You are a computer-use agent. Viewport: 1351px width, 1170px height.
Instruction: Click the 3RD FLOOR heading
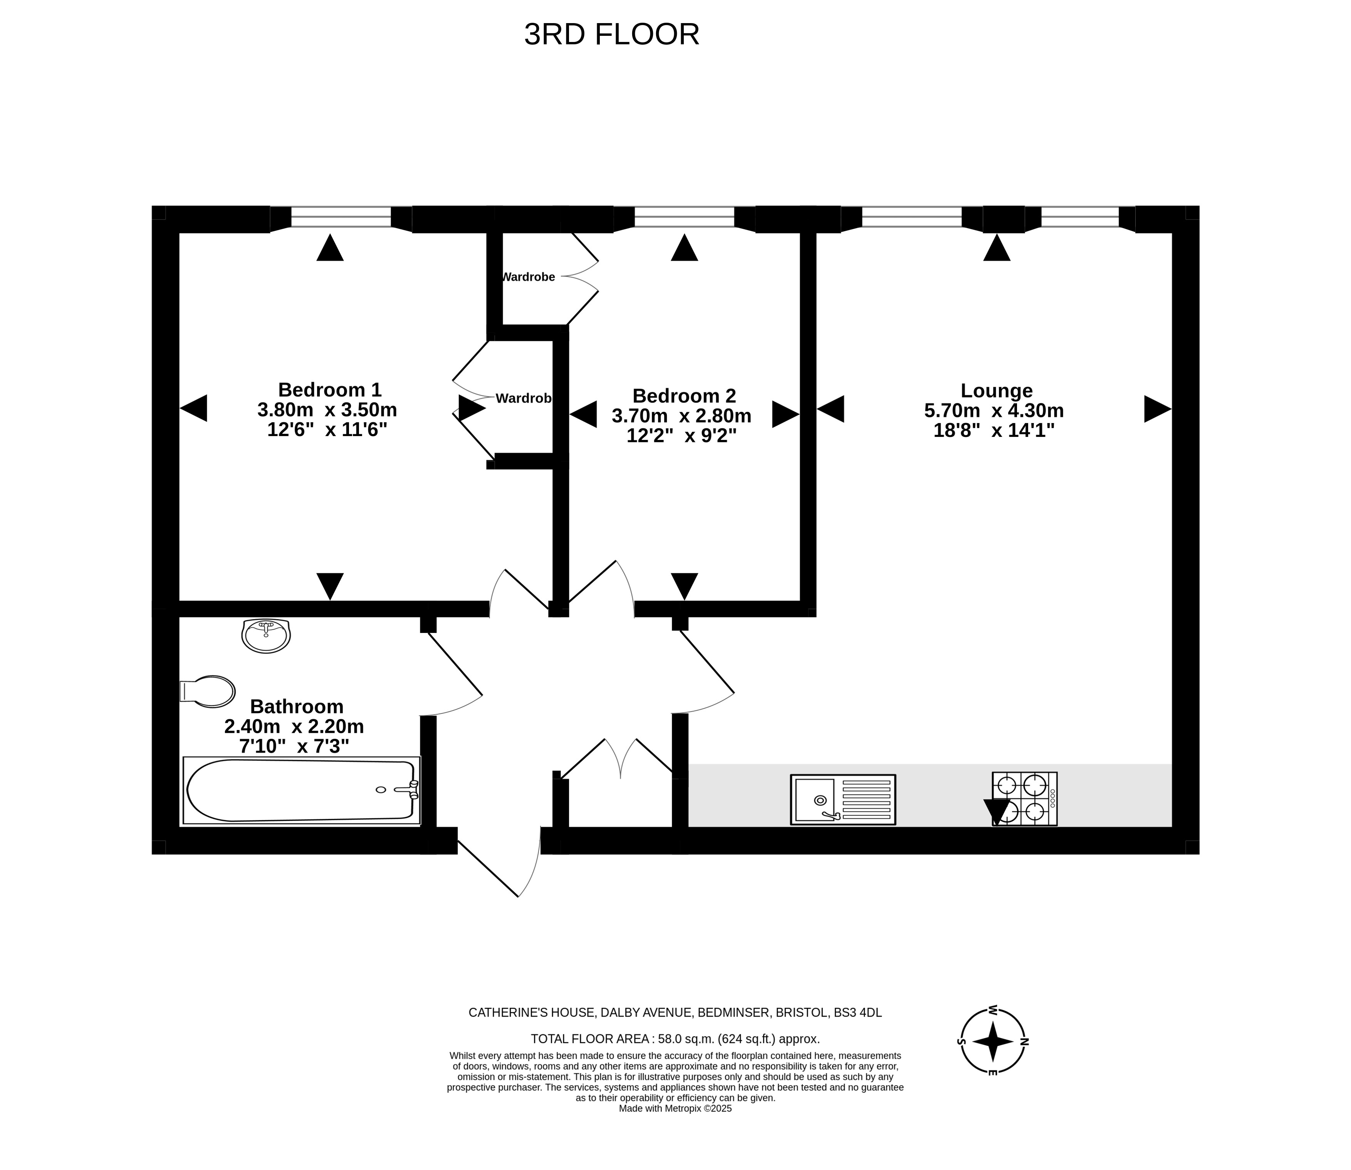611,35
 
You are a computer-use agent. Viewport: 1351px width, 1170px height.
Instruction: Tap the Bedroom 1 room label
330,390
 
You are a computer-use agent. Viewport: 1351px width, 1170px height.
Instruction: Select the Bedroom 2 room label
684,396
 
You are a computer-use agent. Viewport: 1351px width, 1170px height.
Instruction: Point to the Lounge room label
997,390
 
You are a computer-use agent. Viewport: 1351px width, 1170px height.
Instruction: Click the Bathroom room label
297,707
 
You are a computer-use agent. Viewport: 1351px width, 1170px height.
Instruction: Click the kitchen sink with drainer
843,800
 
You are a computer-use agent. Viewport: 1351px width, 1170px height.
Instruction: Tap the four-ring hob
1024,799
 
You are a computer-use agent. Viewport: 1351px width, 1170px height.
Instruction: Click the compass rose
992,1042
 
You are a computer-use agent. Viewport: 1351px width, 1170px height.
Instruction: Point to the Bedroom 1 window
341,217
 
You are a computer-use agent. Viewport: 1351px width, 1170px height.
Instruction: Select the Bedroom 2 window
684,217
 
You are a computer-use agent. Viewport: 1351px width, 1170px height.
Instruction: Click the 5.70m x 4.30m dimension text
994,411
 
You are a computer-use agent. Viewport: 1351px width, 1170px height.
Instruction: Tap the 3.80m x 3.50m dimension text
327,410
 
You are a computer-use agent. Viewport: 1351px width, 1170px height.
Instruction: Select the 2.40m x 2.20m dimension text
294,726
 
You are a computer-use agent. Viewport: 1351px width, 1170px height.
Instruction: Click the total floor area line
675,1039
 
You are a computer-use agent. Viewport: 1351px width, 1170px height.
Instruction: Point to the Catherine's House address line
675,1013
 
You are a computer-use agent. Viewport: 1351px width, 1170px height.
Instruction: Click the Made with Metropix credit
675,1109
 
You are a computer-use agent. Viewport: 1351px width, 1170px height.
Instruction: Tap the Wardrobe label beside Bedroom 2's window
528,277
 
